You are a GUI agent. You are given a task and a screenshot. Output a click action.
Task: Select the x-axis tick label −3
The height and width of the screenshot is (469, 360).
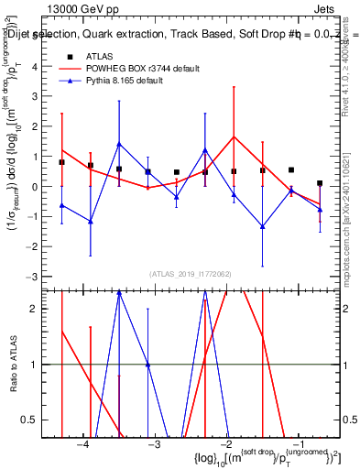[155, 443]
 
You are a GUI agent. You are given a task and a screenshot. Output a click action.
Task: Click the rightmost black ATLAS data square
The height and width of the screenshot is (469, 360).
[320, 183]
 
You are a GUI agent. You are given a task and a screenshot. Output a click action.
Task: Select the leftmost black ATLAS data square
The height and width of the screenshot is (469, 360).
[61, 162]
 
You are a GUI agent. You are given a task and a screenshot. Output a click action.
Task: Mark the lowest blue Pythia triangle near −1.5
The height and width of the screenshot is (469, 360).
[262, 226]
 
